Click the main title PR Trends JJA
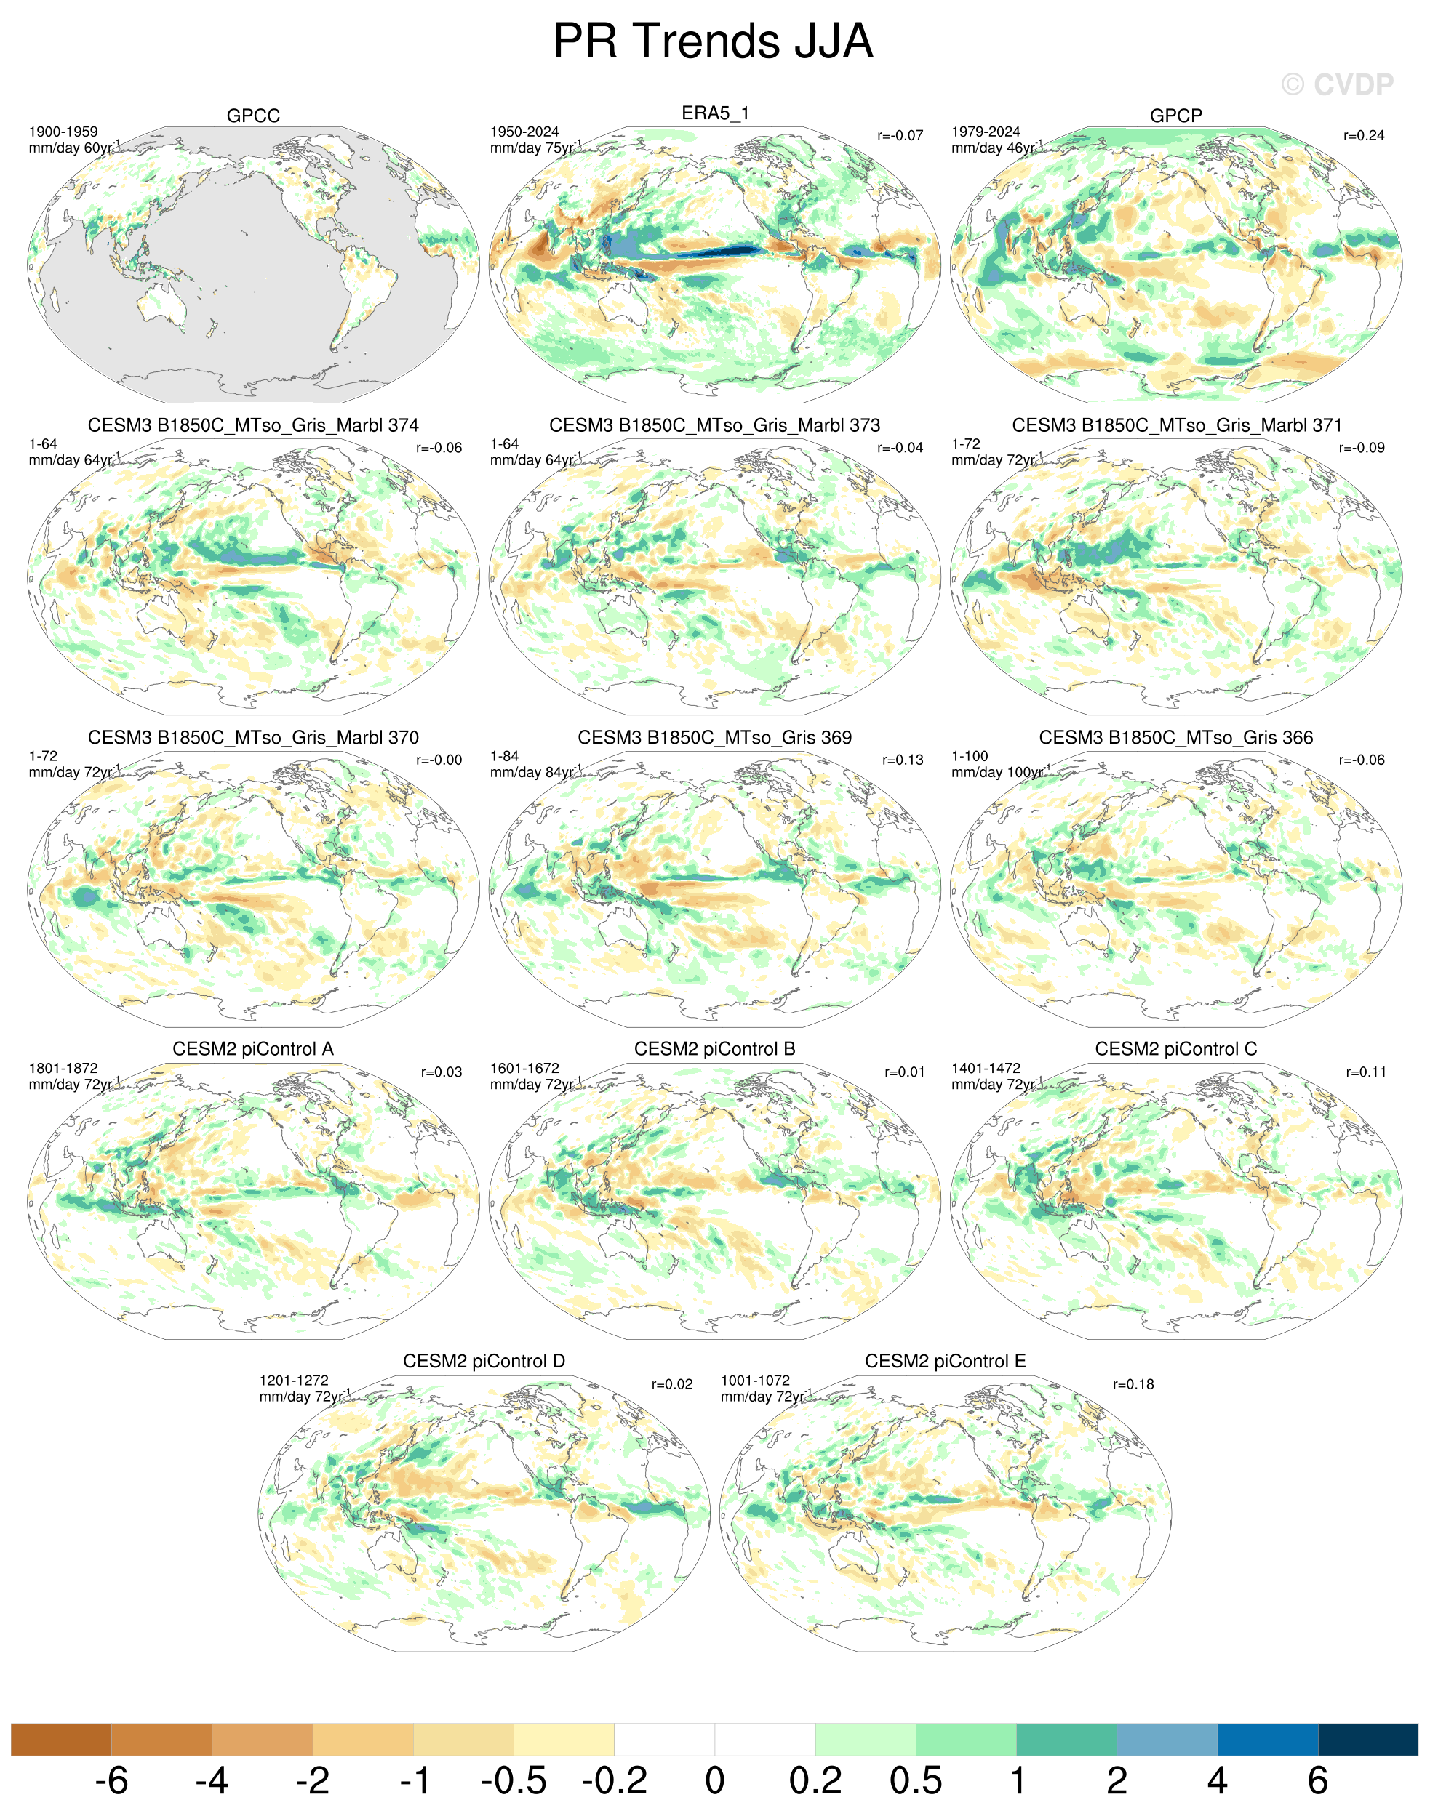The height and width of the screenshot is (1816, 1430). [714, 40]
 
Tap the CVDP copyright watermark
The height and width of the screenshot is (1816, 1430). [1337, 84]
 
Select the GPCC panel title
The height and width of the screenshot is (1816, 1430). [253, 116]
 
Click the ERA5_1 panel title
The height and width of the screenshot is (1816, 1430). [715, 113]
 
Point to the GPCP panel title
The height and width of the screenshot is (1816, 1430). [1175, 116]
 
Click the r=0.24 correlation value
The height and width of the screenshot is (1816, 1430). [1364, 135]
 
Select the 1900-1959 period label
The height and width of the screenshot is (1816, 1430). [63, 132]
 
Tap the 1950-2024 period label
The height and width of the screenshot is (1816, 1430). [524, 132]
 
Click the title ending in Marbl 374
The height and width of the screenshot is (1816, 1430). [253, 425]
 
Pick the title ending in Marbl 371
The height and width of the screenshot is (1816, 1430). [1176, 425]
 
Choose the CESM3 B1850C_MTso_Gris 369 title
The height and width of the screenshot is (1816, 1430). [714, 737]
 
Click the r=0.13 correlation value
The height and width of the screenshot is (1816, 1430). [903, 760]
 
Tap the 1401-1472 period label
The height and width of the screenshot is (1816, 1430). [986, 1068]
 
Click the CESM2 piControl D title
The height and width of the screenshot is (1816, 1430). [484, 1361]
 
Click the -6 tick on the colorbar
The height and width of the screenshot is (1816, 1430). [111, 1780]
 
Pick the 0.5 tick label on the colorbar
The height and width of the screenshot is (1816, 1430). [916, 1780]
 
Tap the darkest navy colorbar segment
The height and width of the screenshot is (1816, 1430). [1368, 1739]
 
